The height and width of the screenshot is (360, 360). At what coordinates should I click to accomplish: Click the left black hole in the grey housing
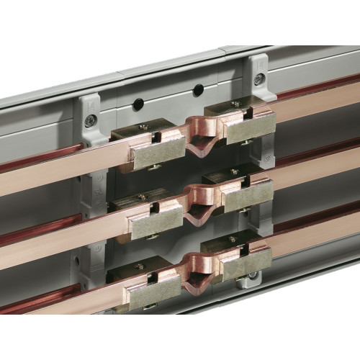coord(138,104)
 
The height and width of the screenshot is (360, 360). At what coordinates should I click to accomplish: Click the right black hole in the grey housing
coord(197,90)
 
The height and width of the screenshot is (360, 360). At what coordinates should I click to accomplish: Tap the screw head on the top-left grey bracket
coord(90,121)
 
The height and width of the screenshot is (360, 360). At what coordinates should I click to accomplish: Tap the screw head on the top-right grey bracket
coord(258,79)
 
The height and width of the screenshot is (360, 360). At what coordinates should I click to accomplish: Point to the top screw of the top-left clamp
coord(143,127)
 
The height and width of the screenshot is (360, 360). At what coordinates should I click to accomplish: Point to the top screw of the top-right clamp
coord(235,104)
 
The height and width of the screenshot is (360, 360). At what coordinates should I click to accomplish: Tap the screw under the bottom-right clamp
coord(252,275)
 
